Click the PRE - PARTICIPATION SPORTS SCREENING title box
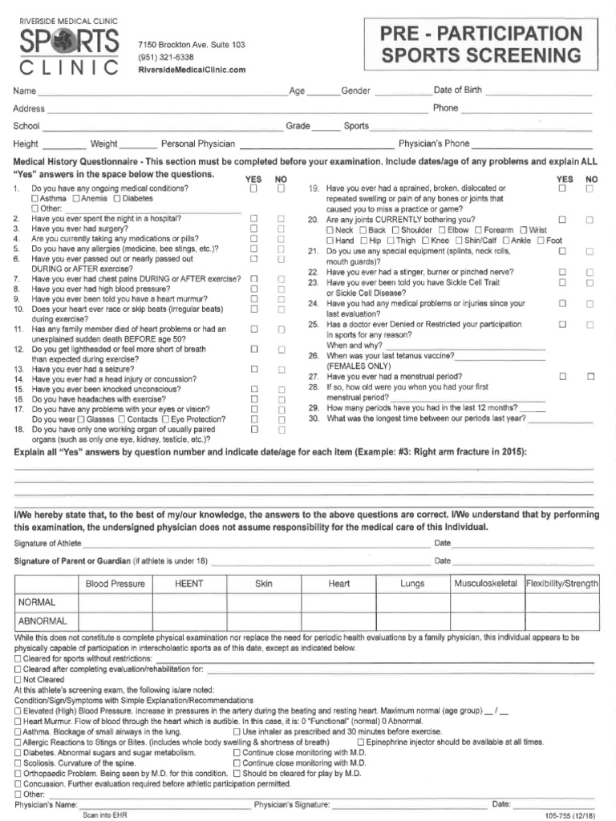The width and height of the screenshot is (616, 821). (x=481, y=46)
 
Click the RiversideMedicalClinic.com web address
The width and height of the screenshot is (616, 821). (x=192, y=71)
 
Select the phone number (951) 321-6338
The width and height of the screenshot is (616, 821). (x=166, y=58)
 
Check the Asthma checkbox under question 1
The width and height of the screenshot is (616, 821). (x=35, y=198)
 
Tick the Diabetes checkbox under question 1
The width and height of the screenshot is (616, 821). (x=118, y=198)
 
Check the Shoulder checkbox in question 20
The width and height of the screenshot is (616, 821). (x=394, y=230)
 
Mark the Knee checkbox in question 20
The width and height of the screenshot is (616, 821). (x=423, y=241)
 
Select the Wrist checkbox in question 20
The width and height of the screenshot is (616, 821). (x=524, y=230)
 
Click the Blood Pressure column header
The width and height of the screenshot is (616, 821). (x=115, y=584)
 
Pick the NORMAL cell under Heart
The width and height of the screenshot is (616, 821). (x=339, y=602)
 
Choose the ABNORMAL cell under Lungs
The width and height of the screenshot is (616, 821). (x=412, y=621)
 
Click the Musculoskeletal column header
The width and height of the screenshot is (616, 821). (x=485, y=584)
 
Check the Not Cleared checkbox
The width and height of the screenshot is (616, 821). (x=18, y=678)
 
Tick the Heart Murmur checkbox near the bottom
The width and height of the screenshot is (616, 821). (x=18, y=722)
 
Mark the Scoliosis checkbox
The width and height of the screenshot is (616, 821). (x=18, y=763)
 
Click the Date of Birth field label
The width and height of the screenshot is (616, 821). (x=458, y=90)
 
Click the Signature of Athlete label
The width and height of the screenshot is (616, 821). (x=47, y=544)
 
